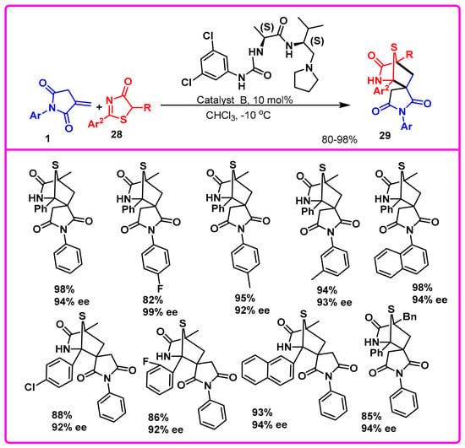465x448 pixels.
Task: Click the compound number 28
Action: (117, 134)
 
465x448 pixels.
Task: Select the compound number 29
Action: (385, 136)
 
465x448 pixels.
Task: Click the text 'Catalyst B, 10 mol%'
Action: (244, 100)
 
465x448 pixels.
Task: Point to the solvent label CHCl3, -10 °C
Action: (238, 115)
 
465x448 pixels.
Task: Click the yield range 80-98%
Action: (339, 139)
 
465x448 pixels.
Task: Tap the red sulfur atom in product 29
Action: (393, 46)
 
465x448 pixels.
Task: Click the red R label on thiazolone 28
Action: (147, 107)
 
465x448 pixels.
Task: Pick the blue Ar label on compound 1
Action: (36, 116)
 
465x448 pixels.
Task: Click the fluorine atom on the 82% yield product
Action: (160, 287)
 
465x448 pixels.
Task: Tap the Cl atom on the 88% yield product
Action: (30, 387)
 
